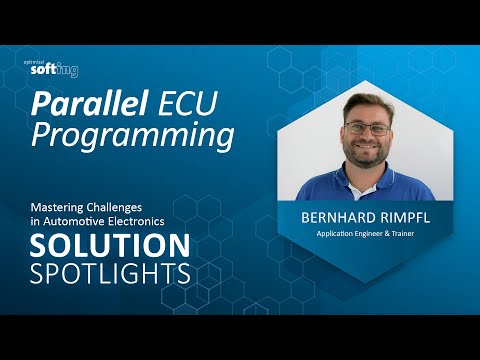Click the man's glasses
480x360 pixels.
368,129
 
